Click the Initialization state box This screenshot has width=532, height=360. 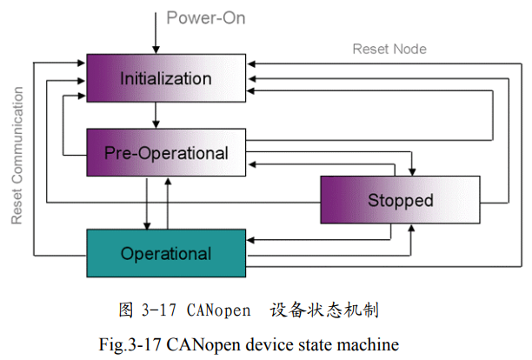pyautogui.click(x=165, y=78)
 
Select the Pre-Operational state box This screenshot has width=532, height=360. pyautogui.click(x=166, y=153)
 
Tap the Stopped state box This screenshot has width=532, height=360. pyautogui.click(x=399, y=200)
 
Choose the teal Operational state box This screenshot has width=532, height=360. pyautogui.click(x=165, y=254)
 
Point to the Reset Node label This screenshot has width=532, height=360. pyautogui.click(x=389, y=49)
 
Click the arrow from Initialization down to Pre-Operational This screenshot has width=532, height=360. pyautogui.click(x=155, y=114)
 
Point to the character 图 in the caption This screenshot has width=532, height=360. pyautogui.click(x=126, y=310)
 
